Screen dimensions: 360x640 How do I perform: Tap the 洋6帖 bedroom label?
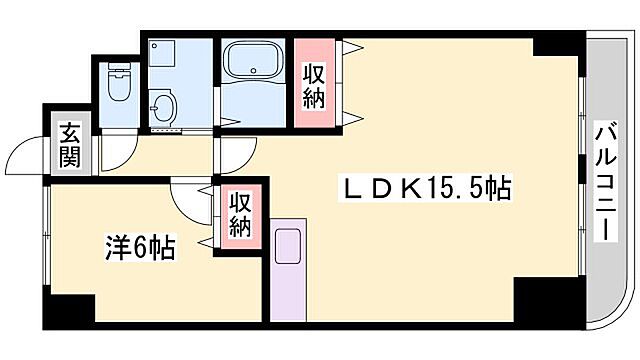tap(141, 247)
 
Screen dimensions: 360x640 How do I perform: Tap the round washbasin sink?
tap(163, 104)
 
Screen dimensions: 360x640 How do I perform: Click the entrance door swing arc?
tap(28, 154)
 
